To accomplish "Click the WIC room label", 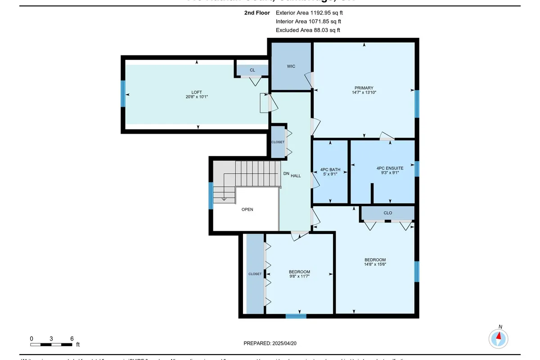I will [291, 67].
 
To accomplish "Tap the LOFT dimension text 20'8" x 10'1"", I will [197, 97].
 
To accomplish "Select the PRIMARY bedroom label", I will [364, 88].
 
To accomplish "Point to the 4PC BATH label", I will [330, 170].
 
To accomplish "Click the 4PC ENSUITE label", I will [390, 168].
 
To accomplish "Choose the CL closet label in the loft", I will [252, 70].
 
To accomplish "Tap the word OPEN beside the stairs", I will [247, 210].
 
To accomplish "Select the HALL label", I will [296, 175].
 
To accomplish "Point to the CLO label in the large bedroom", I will [387, 213].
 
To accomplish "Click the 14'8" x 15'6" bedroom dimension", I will [375, 265].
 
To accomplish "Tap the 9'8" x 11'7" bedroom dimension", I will [299, 276].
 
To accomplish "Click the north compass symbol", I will [499, 337].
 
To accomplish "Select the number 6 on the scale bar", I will [72, 338].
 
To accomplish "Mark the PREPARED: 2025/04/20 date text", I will [270, 343].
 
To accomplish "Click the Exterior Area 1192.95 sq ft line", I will [312, 13].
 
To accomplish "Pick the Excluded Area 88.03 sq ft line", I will [308, 30].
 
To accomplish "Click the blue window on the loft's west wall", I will [123, 94].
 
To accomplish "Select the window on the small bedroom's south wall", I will [296, 316].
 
